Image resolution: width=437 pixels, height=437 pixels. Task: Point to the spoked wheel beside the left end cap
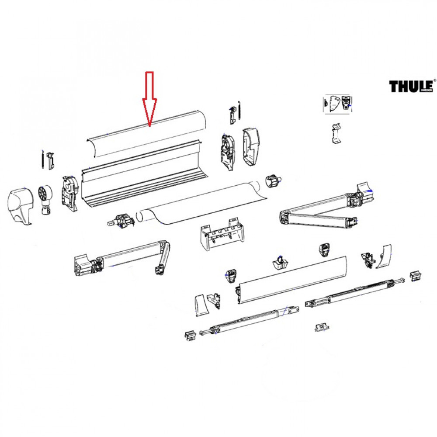45,194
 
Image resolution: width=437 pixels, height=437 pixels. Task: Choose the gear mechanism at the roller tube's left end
121,220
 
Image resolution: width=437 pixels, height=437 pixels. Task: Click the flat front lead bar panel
293,280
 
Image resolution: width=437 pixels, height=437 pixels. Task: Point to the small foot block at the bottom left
189,335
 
